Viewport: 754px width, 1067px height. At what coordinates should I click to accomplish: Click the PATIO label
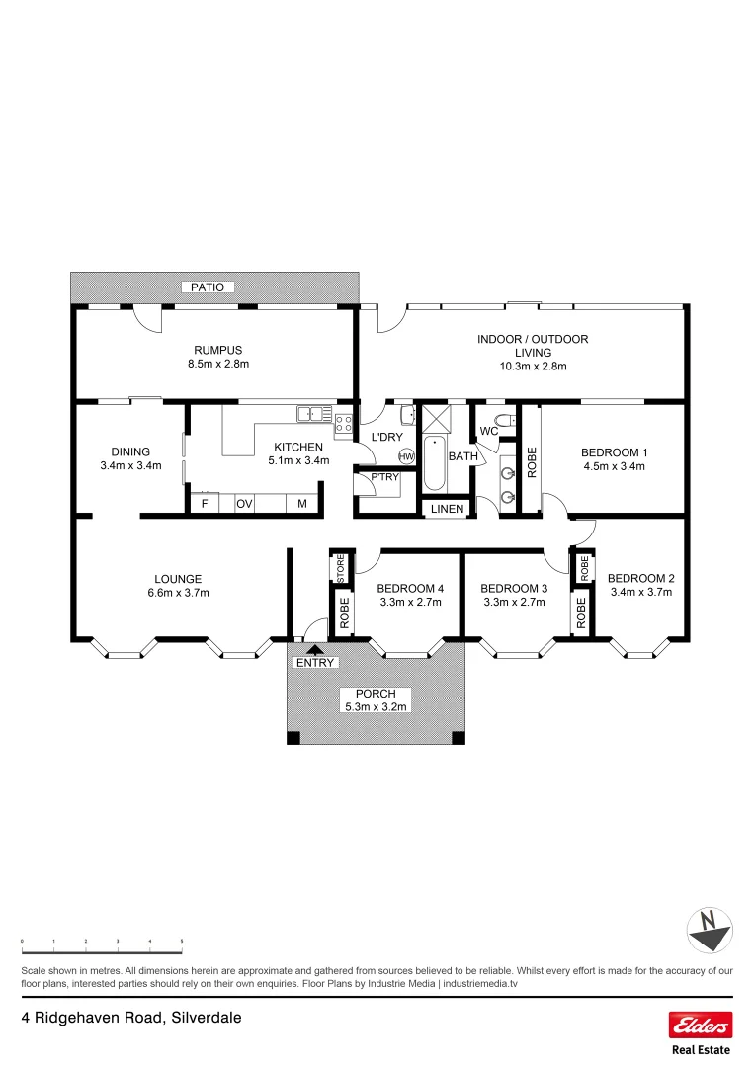pos(209,287)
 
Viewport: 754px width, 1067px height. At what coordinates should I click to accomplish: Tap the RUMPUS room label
pos(217,350)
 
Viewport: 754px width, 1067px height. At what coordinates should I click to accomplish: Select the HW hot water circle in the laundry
pos(406,456)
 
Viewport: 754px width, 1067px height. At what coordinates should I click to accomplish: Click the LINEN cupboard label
pos(447,509)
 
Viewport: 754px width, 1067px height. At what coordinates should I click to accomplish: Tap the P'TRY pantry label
pos(383,478)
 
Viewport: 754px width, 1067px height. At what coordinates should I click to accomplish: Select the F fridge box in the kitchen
pos(205,504)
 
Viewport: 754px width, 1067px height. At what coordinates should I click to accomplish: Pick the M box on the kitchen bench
pos(302,504)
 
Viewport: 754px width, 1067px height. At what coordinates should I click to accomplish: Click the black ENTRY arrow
pos(314,649)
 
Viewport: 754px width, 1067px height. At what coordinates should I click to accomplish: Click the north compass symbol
pos(709,930)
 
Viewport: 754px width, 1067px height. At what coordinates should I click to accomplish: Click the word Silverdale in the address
pos(207,1017)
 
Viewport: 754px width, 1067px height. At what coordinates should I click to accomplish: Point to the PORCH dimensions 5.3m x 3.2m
pos(375,707)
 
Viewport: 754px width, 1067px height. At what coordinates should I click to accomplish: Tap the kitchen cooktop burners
pos(344,424)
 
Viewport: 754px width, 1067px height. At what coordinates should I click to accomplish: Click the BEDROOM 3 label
pos(513,588)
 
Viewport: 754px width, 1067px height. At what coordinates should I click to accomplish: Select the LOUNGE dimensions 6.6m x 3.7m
pos(178,593)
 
